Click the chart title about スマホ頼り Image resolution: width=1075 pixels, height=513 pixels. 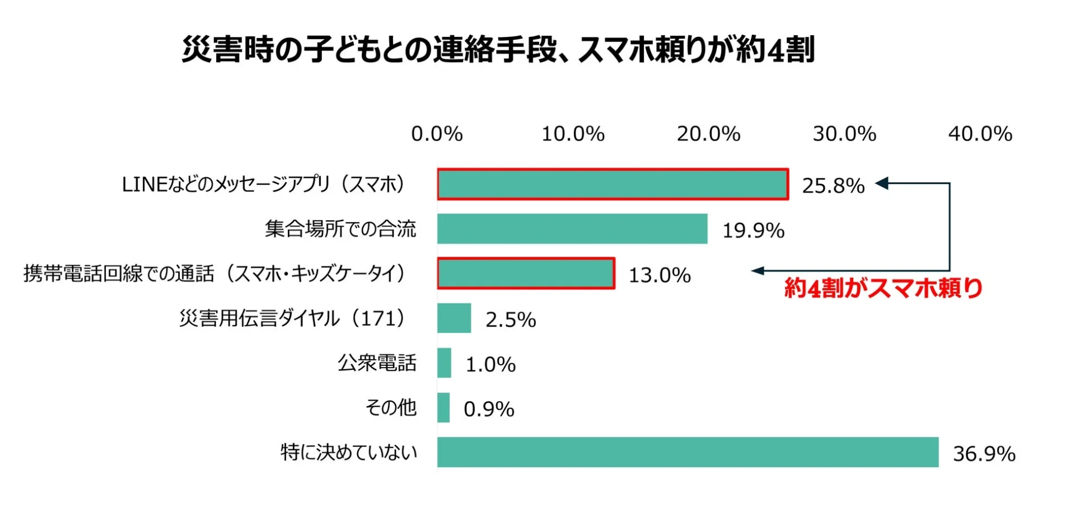click(x=498, y=50)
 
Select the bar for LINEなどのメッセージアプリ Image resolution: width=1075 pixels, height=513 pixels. click(x=613, y=184)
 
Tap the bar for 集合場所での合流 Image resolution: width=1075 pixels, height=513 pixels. click(x=572, y=229)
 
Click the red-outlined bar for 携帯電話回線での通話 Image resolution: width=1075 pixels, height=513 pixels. click(x=526, y=274)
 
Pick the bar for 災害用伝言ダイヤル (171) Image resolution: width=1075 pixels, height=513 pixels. click(x=454, y=318)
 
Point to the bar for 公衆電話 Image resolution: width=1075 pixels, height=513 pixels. click(x=444, y=363)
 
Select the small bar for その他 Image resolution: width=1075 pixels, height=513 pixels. click(x=443, y=408)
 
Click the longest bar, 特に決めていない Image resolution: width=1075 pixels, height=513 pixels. click(x=688, y=453)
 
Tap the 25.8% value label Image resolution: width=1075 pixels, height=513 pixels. click(x=833, y=186)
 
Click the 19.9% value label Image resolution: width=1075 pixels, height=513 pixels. click(x=753, y=230)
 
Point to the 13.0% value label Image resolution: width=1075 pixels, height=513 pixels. click(x=660, y=275)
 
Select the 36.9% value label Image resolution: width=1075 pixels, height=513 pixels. click(x=984, y=454)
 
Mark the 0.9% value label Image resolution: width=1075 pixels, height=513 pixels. click(x=489, y=410)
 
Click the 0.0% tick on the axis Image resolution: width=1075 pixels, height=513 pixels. click(x=437, y=134)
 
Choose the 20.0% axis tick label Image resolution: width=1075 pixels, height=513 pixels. click(x=708, y=134)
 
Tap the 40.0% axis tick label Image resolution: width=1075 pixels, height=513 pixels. click(x=980, y=134)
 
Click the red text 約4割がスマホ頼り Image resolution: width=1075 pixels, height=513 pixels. click(x=883, y=288)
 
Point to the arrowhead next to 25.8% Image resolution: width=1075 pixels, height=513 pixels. click(x=881, y=183)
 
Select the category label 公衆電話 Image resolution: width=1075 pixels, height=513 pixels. click(x=377, y=363)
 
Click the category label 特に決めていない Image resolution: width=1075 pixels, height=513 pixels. click(x=349, y=453)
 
